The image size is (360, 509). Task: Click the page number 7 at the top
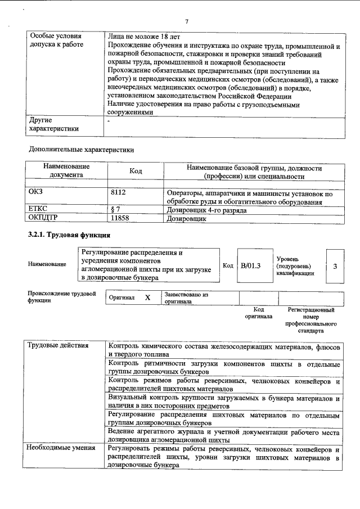click(x=186, y=21)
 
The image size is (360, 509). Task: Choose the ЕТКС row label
click(x=38, y=209)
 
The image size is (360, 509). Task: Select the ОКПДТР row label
click(x=43, y=217)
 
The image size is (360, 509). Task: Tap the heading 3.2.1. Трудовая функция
click(x=69, y=235)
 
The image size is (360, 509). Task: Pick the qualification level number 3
click(x=335, y=265)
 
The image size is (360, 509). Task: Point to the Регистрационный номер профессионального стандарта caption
click(x=311, y=321)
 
